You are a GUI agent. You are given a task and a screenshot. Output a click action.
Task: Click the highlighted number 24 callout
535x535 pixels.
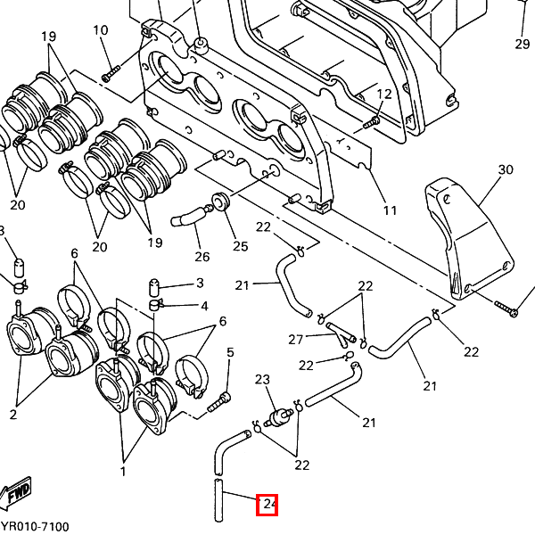point(268,506)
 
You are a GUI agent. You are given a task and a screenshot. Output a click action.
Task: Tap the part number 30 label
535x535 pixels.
point(506,169)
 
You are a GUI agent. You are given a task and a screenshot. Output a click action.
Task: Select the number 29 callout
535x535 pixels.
point(522,44)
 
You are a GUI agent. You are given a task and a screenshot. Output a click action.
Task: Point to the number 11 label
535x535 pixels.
point(390,210)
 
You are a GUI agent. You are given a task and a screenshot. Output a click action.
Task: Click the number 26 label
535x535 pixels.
point(202,257)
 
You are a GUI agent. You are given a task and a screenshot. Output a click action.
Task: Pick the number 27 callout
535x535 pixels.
point(296,339)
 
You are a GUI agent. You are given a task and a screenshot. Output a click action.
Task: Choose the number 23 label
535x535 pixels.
point(262,380)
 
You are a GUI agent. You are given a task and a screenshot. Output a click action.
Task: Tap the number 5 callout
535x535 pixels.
point(230,353)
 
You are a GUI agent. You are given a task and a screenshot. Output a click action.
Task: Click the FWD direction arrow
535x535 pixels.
point(15,493)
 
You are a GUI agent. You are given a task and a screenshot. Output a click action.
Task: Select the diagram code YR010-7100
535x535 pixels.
point(35,527)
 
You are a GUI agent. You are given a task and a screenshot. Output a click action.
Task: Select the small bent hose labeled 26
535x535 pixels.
point(188,217)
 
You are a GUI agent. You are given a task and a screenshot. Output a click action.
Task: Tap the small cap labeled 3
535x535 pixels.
point(154,287)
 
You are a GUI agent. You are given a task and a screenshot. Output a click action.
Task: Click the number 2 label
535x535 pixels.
point(13,415)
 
